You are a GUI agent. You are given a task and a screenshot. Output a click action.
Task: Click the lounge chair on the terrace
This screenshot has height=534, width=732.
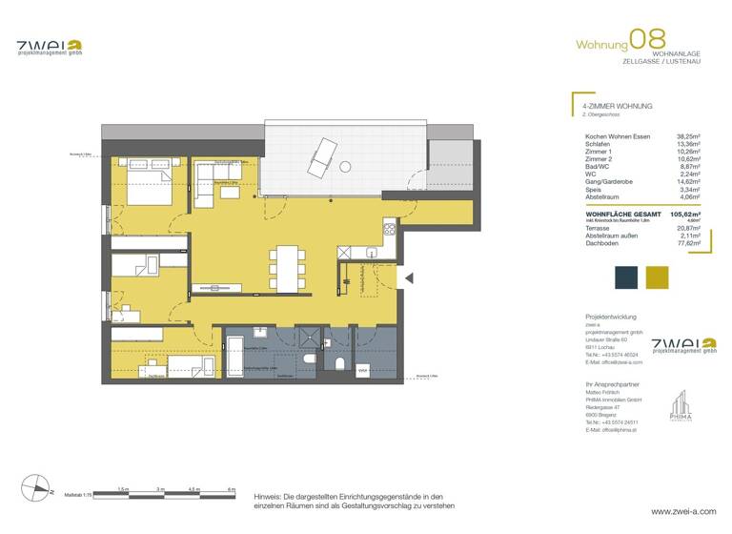tap(324, 154)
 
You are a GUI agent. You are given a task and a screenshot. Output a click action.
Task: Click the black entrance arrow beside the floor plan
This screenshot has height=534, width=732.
tap(408, 277)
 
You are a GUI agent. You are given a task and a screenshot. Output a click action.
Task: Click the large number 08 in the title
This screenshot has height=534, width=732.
tap(648, 41)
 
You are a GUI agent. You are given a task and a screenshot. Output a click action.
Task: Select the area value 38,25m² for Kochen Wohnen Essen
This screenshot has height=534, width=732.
tap(688, 136)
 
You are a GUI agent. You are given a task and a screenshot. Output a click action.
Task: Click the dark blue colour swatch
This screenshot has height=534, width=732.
tap(625, 277)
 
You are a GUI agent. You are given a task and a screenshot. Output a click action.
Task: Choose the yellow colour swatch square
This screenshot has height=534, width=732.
tap(658, 277)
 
